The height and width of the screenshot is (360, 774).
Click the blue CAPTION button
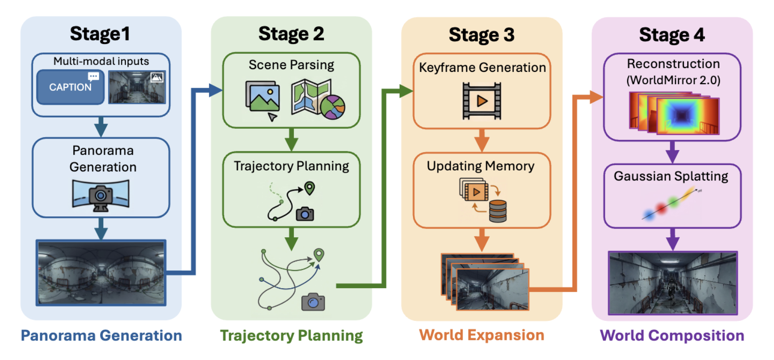(70, 87)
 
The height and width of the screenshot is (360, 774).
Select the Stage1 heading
(100, 34)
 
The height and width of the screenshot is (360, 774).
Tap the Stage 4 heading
(672, 35)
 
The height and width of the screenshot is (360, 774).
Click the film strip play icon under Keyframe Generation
(482, 101)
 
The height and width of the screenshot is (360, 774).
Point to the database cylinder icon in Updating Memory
(498, 211)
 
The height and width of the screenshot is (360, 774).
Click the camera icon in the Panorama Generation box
(101, 196)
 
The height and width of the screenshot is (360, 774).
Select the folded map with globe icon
(318, 99)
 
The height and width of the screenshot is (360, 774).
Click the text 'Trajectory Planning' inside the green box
(291, 166)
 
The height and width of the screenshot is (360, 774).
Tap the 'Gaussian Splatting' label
(671, 176)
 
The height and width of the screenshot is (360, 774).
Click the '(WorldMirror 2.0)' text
(673, 80)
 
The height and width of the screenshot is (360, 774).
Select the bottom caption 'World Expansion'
(482, 335)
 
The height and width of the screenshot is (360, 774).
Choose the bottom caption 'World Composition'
(672, 335)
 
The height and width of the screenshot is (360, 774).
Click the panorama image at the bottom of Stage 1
(101, 273)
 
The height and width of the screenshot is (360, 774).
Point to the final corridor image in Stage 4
(673, 283)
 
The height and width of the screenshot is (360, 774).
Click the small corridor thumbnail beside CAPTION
(137, 87)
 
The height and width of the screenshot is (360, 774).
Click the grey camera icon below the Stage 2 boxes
(313, 302)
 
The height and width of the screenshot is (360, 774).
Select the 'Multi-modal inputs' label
(101, 61)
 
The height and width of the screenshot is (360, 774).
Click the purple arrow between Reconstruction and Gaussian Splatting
(672, 152)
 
